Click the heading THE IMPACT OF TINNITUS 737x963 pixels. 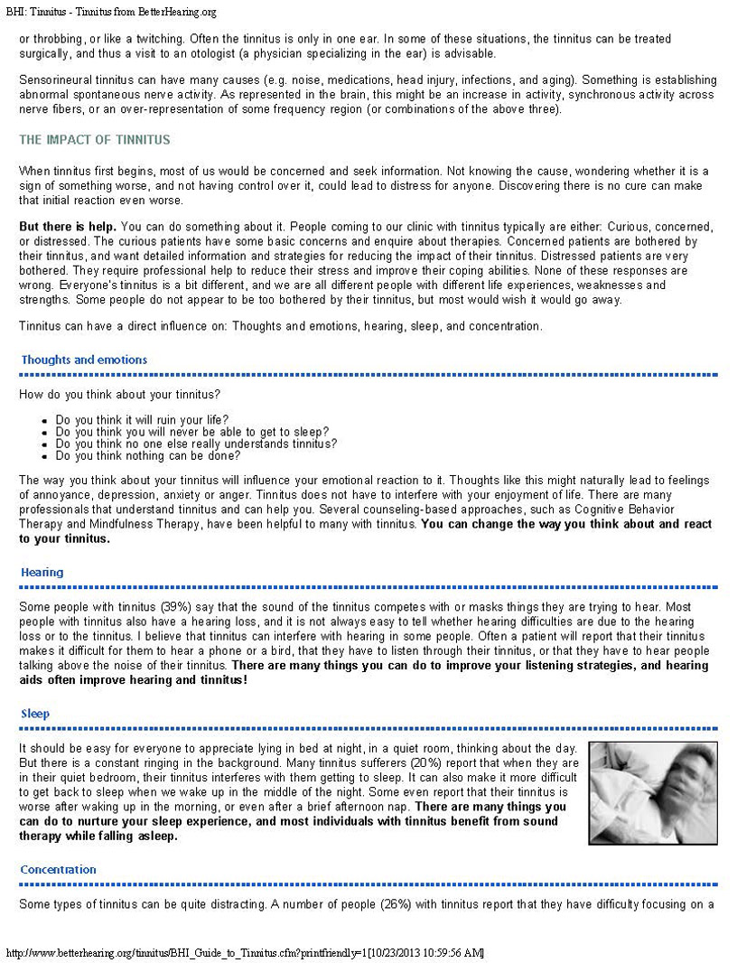click(x=95, y=140)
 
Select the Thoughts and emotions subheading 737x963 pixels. click(x=84, y=360)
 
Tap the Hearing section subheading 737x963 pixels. click(x=42, y=572)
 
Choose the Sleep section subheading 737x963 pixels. click(x=35, y=714)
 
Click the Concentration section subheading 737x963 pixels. click(x=59, y=869)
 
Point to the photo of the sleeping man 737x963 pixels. click(x=653, y=793)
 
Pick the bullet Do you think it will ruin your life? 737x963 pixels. click(x=142, y=419)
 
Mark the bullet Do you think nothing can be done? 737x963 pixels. click(x=147, y=455)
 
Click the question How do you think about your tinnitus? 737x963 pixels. click(x=120, y=394)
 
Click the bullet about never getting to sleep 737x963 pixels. click(x=191, y=431)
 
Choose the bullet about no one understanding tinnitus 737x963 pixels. click(x=196, y=444)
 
